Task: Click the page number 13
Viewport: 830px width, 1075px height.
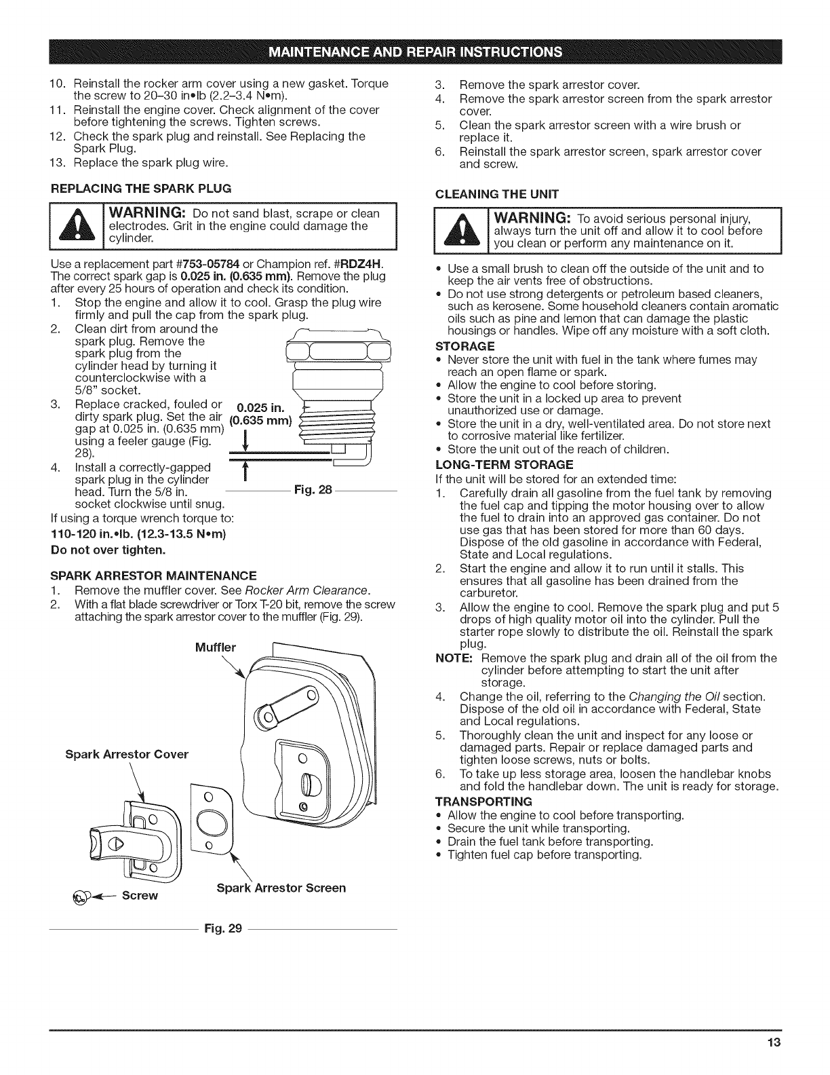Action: pos(775,1043)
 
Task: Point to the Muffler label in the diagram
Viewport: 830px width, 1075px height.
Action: pos(215,647)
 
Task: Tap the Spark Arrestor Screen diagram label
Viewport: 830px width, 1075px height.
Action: pos(281,888)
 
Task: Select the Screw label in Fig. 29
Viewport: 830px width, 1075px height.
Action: pos(140,895)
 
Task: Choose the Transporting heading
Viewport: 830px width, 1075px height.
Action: pos(483,801)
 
